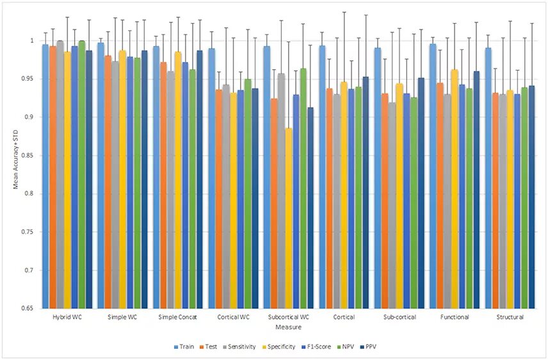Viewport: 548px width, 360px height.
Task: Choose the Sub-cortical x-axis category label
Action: click(x=399, y=317)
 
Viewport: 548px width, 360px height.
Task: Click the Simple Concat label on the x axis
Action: click(x=177, y=317)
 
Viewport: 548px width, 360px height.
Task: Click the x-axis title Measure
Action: click(x=287, y=327)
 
